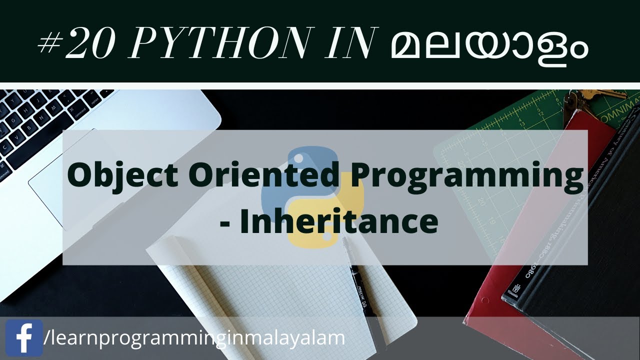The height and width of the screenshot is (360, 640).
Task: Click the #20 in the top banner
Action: tap(77, 45)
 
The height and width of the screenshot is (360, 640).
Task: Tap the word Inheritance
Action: tap(338, 222)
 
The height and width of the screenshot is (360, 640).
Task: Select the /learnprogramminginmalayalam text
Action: tap(194, 338)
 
